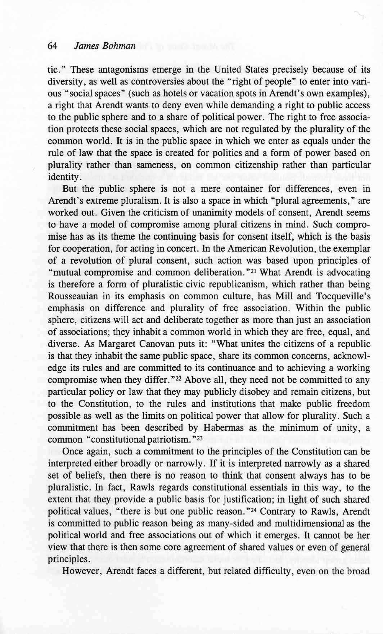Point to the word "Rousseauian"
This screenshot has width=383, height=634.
(x=70, y=296)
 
